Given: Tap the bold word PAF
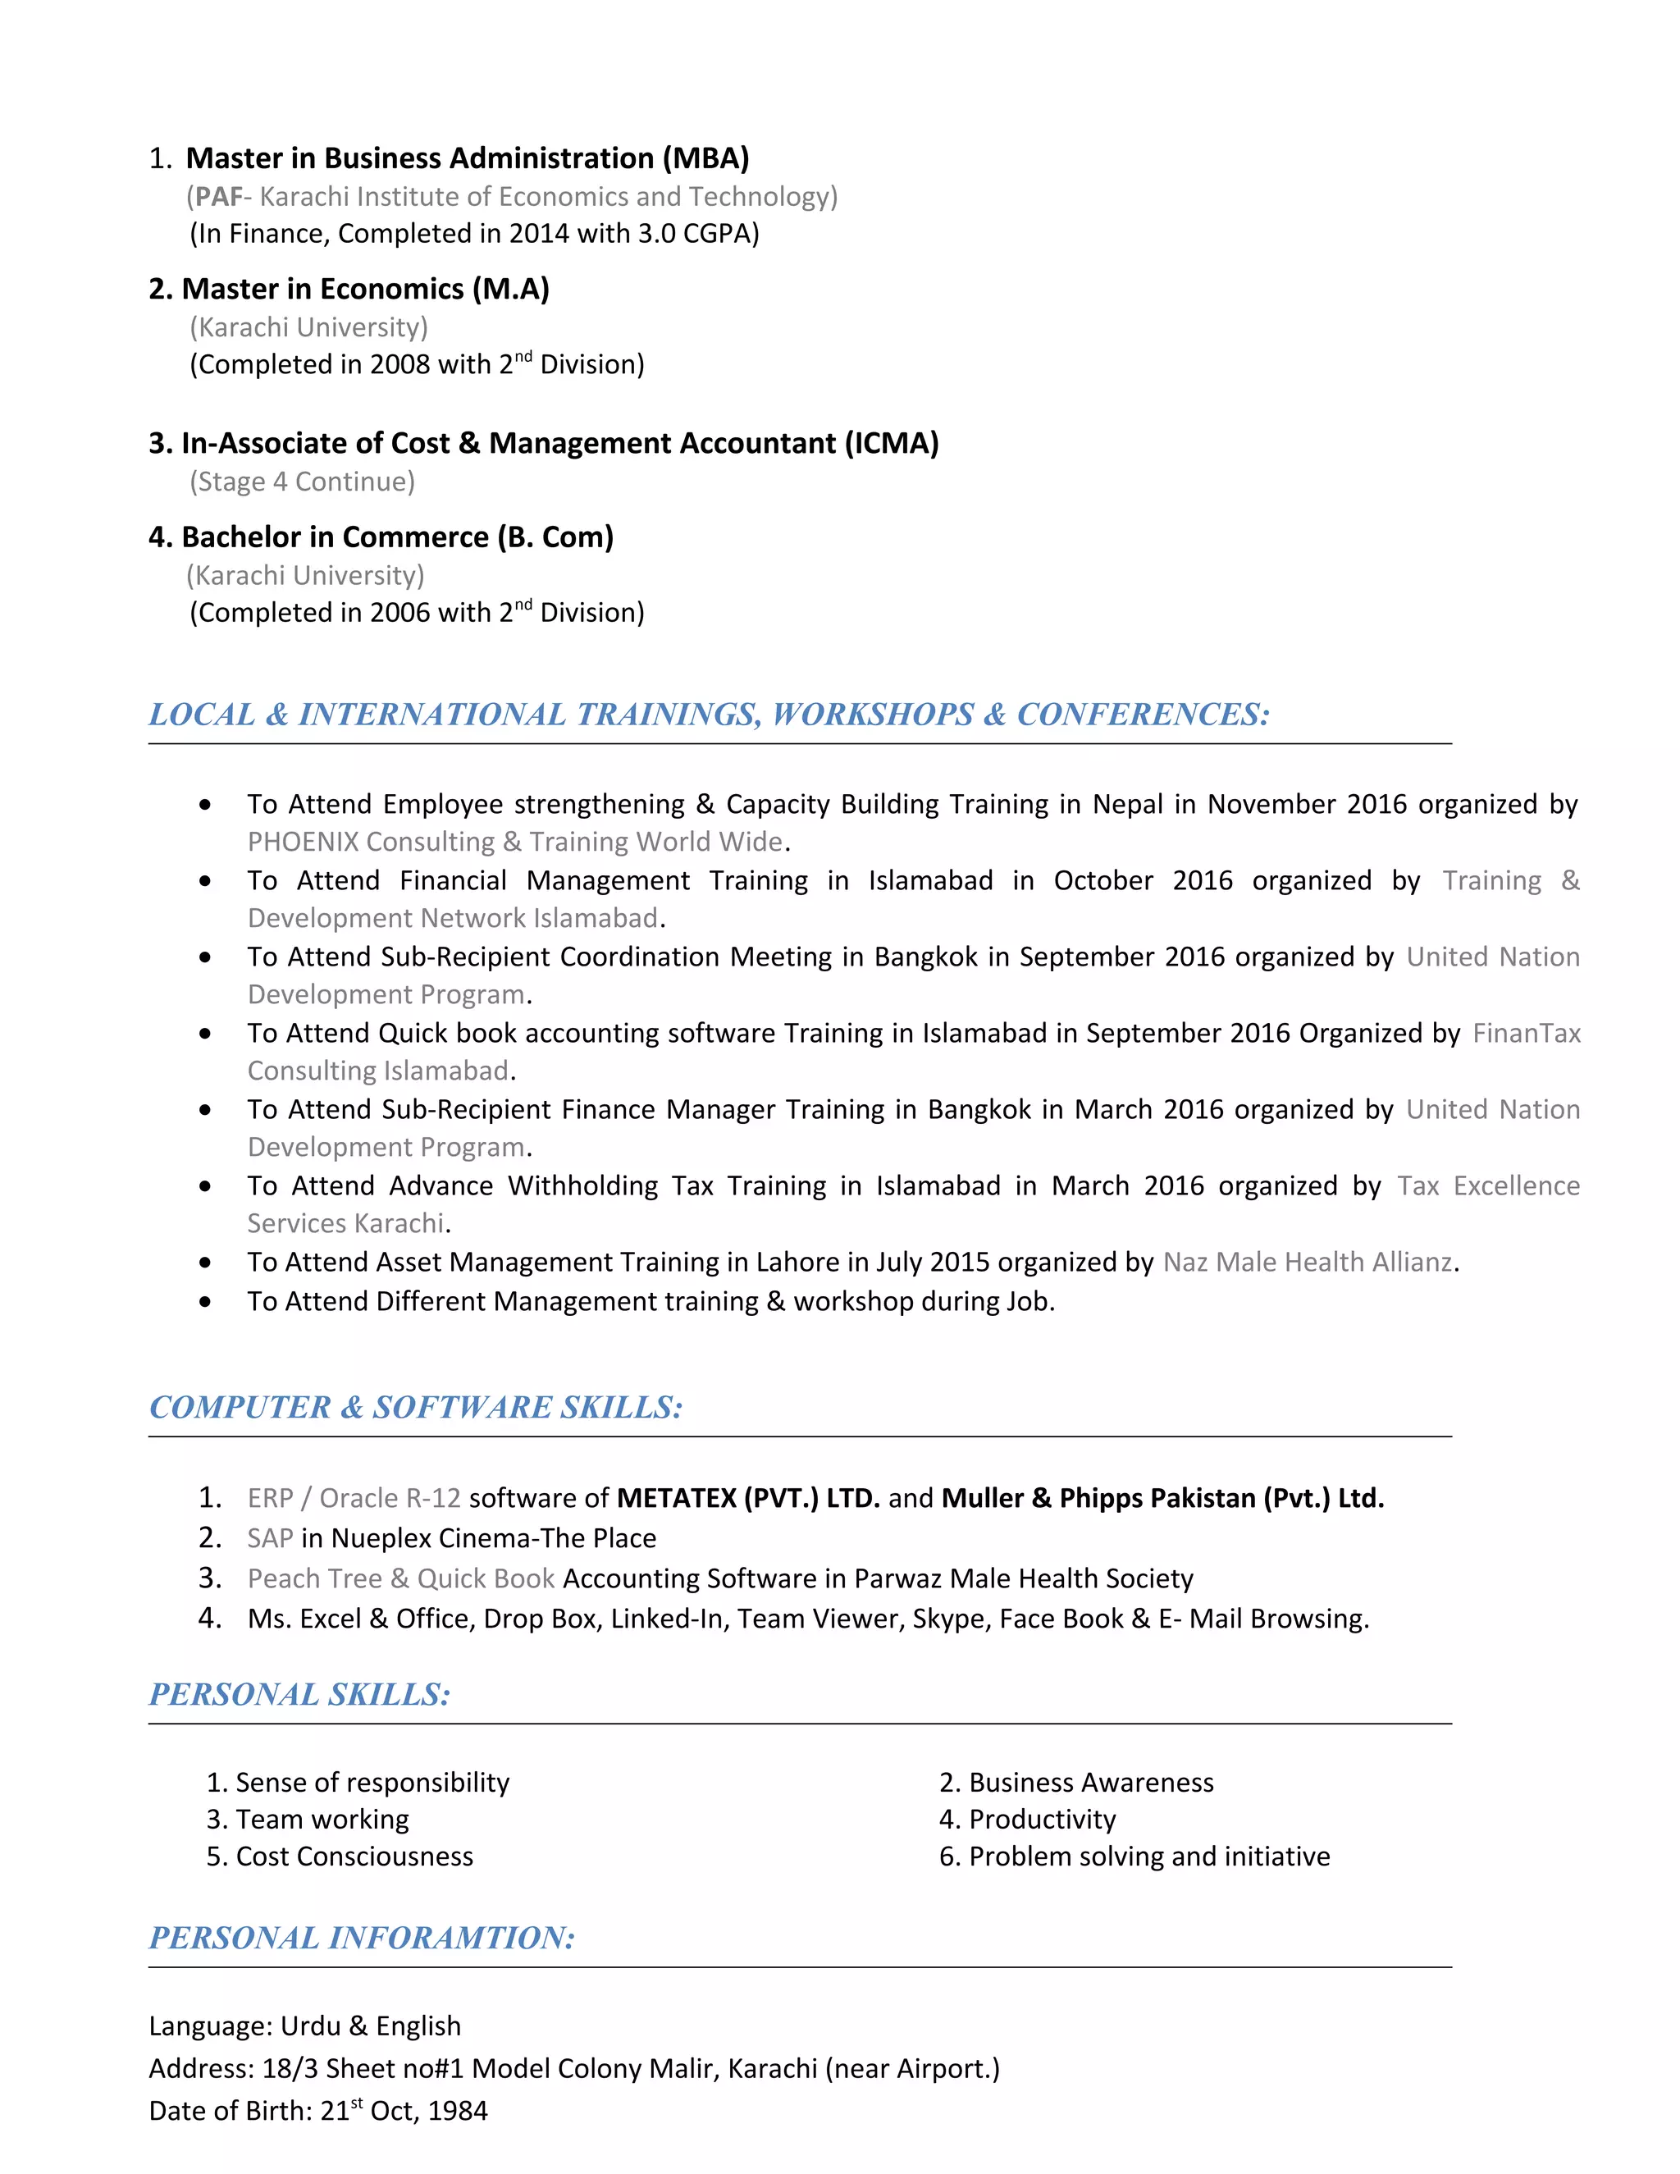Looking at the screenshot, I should [218, 197].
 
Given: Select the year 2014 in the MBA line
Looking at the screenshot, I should [538, 234].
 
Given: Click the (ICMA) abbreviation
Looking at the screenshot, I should [892, 443].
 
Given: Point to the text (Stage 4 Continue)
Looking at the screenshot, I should [303, 482].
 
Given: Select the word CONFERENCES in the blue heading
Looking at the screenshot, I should [1142, 715].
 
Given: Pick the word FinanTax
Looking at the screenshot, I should [1526, 1033].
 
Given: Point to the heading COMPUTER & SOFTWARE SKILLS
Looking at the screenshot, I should [415, 1408].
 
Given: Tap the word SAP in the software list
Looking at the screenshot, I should [270, 1539].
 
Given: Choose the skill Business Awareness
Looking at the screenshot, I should [1091, 1783].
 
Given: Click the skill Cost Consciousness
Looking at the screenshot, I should [354, 1857].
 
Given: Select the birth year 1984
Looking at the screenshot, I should [458, 2112].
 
